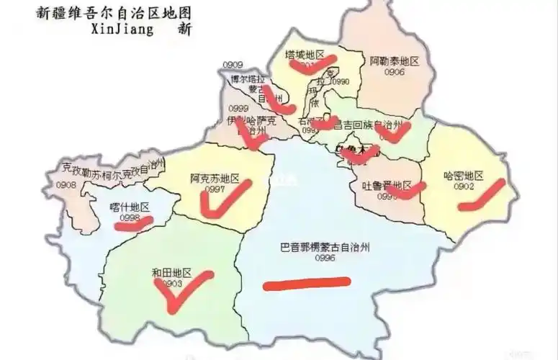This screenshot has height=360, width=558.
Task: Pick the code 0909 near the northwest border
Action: click(233, 65)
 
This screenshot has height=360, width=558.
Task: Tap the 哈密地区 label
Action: click(463, 176)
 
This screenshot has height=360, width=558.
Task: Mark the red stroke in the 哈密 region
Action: click(481, 196)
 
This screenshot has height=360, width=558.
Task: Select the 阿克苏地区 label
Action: click(215, 178)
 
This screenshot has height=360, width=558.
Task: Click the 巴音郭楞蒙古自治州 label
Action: click(324, 247)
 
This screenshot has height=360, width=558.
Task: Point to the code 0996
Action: click(325, 258)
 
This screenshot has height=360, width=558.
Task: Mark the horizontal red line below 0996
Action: click(307, 284)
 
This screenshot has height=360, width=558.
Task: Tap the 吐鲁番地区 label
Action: click(390, 185)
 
